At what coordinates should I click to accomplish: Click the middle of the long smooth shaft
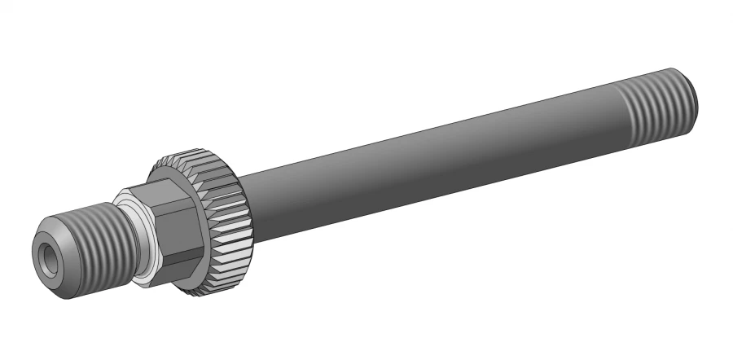[x=432, y=151]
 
